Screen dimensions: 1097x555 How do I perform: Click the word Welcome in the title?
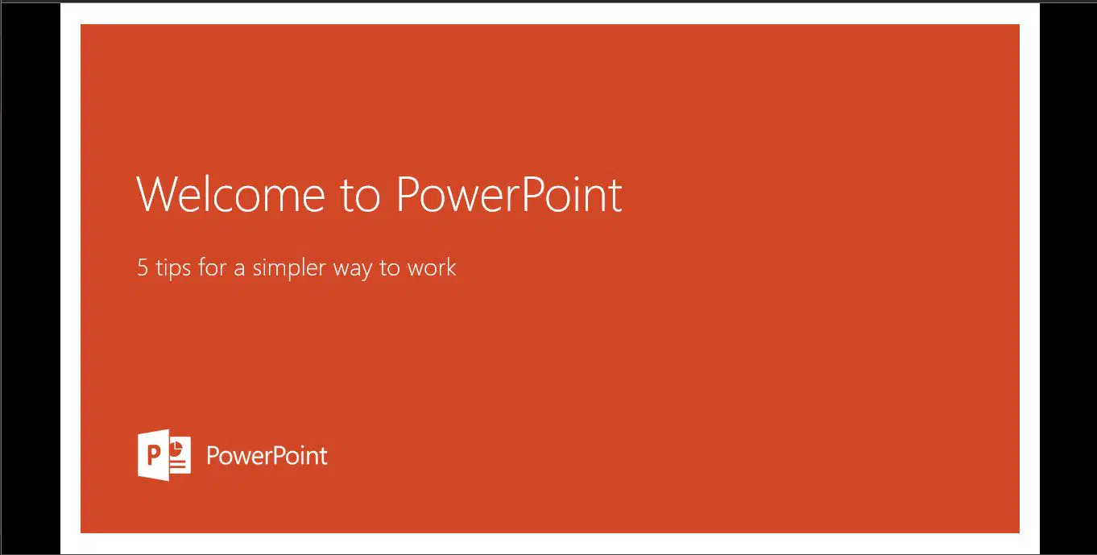(230, 194)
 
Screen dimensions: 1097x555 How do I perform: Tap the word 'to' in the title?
(360, 197)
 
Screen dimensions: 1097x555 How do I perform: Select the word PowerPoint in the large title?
(509, 194)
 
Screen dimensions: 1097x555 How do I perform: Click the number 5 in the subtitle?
(143, 267)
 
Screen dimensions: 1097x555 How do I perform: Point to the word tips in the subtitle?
(173, 268)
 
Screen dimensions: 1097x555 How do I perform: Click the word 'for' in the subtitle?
(211, 267)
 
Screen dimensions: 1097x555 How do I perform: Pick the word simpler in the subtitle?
(289, 268)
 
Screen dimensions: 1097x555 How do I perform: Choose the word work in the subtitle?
(432, 267)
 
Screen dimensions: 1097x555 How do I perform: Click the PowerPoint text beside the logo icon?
(267, 456)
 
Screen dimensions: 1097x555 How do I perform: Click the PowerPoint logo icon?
(164, 455)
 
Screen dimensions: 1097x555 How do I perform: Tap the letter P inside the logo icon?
(153, 456)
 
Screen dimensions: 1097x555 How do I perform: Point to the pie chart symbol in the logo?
(176, 448)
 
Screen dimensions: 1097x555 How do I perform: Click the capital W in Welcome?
(155, 194)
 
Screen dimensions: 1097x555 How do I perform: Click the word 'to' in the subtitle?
(390, 268)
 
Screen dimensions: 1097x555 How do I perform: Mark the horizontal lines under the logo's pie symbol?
(178, 463)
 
